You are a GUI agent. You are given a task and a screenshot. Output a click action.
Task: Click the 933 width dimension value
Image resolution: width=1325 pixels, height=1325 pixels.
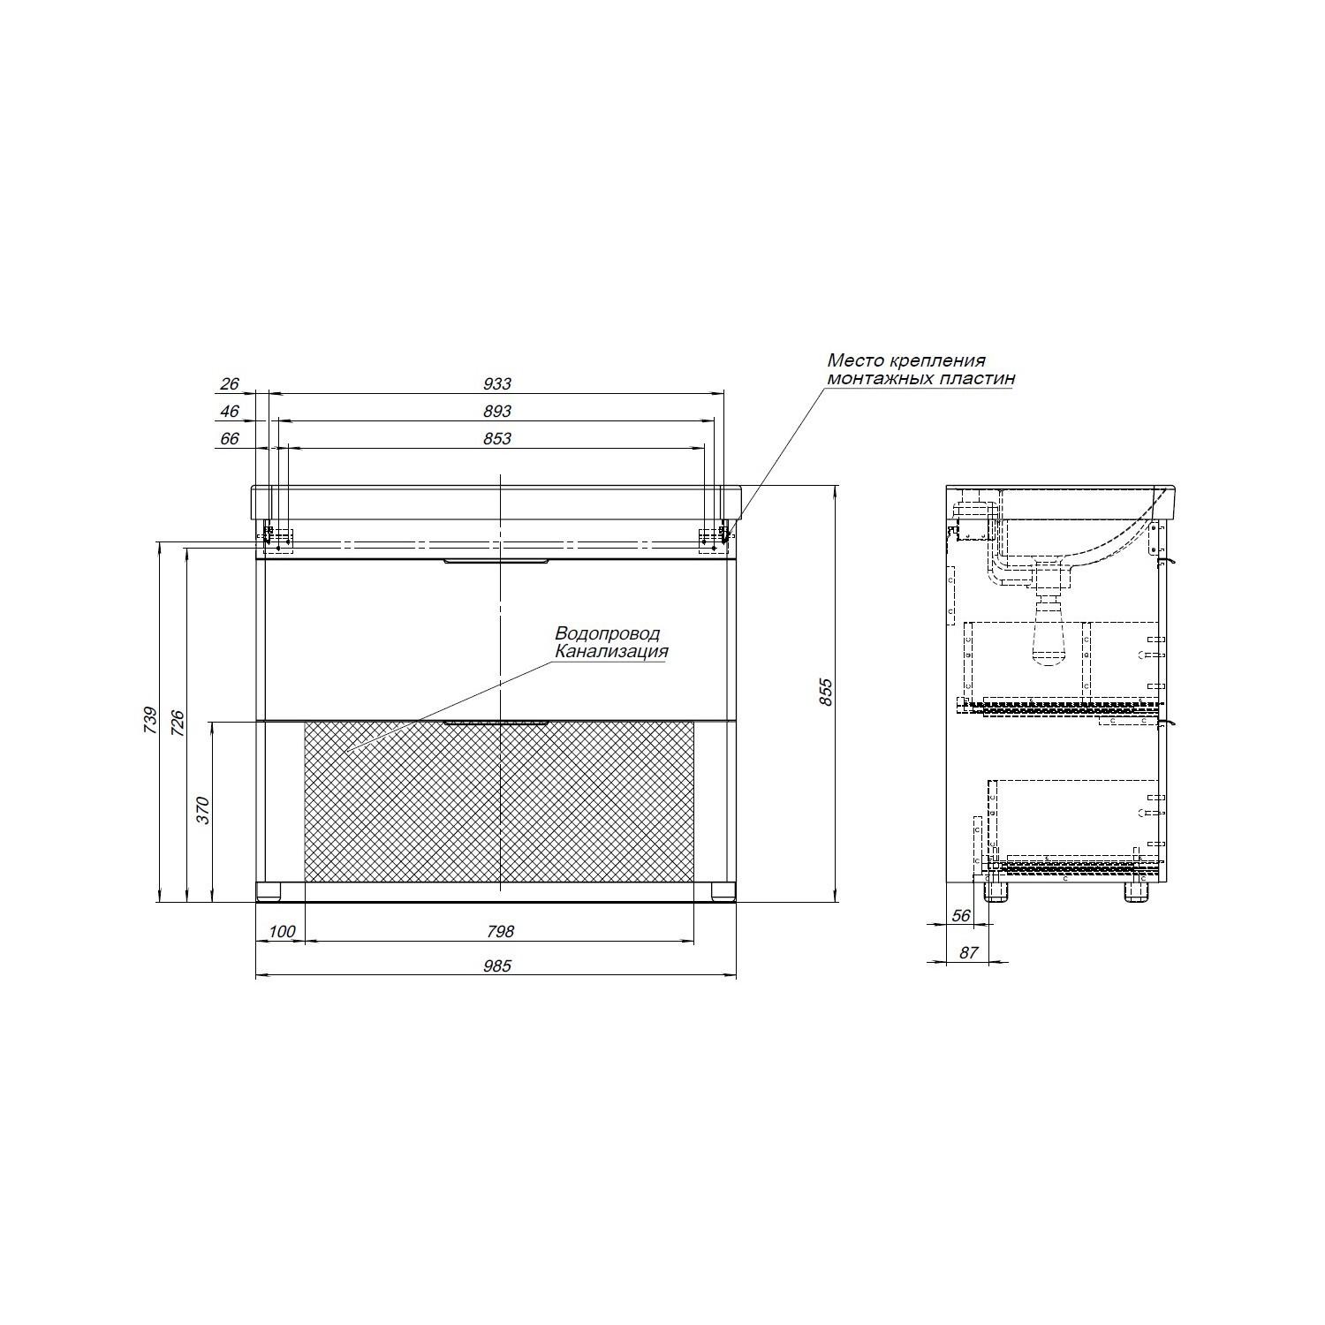click(497, 384)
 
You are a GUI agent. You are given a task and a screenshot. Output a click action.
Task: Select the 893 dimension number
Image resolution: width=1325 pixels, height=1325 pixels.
click(497, 412)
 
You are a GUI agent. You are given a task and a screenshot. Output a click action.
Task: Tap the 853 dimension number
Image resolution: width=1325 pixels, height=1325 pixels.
click(497, 439)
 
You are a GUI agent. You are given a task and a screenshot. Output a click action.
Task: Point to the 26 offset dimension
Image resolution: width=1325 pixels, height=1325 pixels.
click(230, 384)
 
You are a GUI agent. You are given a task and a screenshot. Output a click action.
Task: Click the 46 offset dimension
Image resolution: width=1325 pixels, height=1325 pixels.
click(230, 412)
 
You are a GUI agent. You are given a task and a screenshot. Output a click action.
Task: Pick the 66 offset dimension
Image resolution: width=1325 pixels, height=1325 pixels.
click(230, 439)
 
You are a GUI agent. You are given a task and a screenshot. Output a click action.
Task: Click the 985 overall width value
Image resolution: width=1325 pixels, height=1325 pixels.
click(497, 966)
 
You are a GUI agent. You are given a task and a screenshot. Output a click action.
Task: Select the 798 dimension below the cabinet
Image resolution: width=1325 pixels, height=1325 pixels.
click(499, 932)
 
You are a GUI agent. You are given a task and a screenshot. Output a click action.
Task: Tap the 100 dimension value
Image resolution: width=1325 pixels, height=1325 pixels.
click(281, 932)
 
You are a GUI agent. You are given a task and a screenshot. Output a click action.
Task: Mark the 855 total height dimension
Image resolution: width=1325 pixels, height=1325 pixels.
click(826, 692)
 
